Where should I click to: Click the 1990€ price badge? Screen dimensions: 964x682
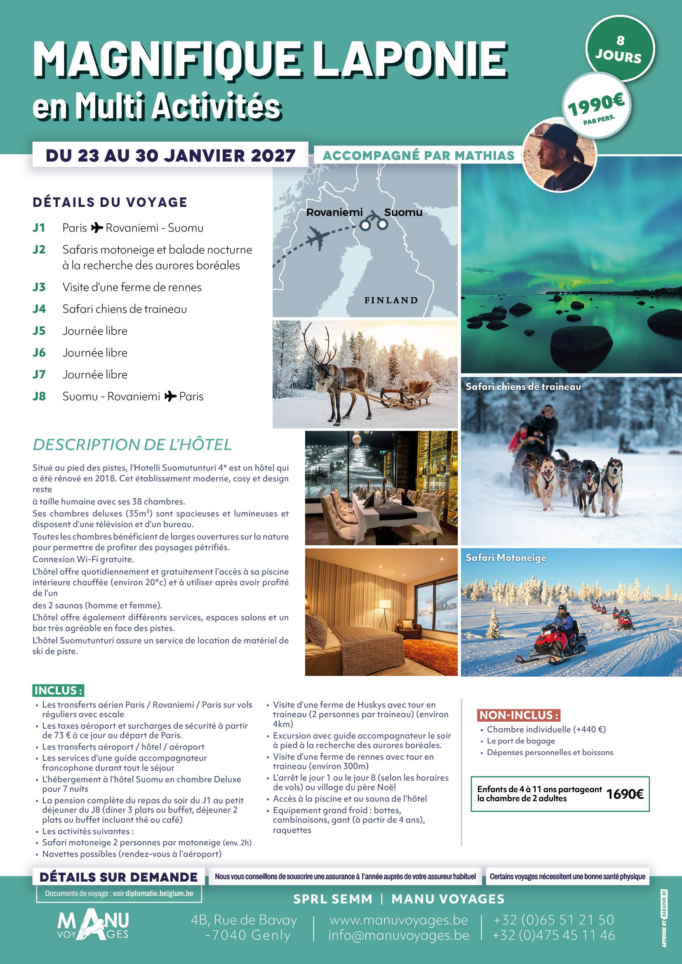(596, 106)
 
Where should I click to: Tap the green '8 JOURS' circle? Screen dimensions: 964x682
(619, 48)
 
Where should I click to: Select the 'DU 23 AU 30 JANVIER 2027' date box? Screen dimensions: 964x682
(170, 155)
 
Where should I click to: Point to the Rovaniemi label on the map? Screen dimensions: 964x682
(334, 212)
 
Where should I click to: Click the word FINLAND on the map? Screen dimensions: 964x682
(390, 300)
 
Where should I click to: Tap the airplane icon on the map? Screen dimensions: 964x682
(317, 239)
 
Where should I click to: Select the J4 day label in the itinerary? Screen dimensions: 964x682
(39, 309)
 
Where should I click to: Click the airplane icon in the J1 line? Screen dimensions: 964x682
(97, 228)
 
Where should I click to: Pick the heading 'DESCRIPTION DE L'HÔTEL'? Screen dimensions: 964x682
(132, 445)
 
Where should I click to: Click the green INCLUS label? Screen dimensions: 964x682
(58, 690)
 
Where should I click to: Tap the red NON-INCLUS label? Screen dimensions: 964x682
(519, 715)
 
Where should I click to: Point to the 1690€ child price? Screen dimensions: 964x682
(624, 794)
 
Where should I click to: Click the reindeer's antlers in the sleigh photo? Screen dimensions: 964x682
(319, 344)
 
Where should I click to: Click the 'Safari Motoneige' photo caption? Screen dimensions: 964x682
(506, 558)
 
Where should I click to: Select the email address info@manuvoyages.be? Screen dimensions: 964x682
(399, 936)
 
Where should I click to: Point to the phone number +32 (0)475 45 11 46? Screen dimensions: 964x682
(553, 936)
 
